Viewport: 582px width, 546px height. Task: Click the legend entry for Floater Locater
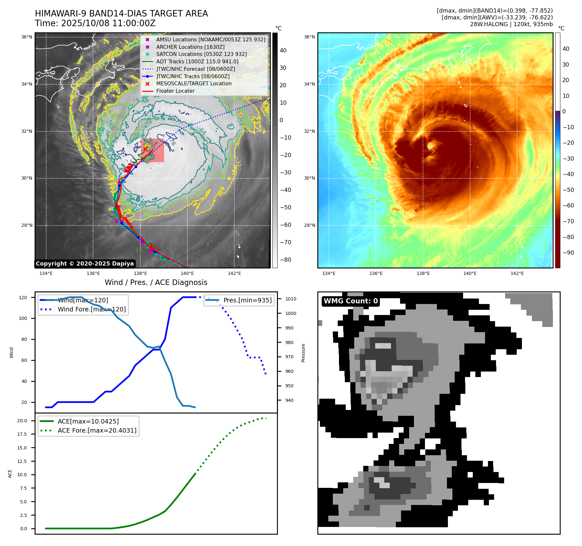click(x=175, y=91)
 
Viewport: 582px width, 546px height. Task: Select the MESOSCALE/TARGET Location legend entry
click(x=194, y=84)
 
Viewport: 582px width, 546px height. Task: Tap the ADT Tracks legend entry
click(x=197, y=61)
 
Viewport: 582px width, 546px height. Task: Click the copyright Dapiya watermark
click(x=85, y=264)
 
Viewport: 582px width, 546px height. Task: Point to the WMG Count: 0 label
click(x=351, y=301)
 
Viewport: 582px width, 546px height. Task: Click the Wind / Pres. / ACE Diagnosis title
click(x=156, y=282)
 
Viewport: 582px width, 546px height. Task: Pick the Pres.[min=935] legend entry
click(x=247, y=300)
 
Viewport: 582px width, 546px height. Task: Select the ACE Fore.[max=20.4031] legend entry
click(x=97, y=430)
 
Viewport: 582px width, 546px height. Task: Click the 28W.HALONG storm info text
click(x=511, y=24)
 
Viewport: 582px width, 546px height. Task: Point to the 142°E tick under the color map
click(x=517, y=274)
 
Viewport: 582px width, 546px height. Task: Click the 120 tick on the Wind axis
click(x=23, y=298)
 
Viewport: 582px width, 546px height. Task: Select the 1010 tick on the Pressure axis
click(x=291, y=299)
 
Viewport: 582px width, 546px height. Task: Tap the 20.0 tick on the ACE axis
click(x=22, y=421)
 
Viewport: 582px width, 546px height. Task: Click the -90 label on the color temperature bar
click(x=568, y=253)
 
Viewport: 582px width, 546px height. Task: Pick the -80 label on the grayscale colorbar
click(x=285, y=260)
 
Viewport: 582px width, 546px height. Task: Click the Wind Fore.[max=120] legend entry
click(x=91, y=309)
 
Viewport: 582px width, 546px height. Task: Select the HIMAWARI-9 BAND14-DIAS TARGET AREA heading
click(x=121, y=14)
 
